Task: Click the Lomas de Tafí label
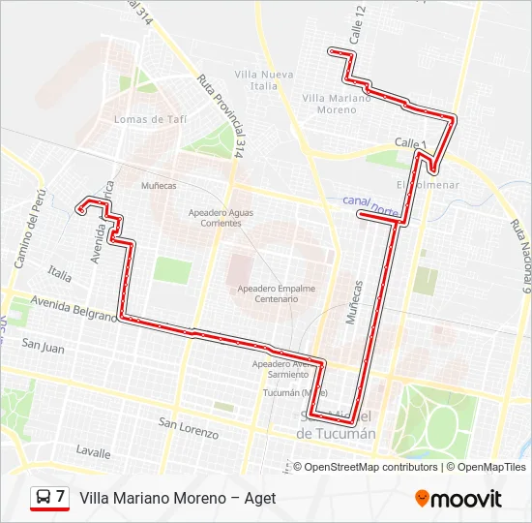pos(150,119)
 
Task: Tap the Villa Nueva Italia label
pos(263,80)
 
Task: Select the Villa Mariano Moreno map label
pos(330,104)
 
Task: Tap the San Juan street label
pos(43,345)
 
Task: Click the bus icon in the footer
pos(43,498)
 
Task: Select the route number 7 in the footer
pos(60,497)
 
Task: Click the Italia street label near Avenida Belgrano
pos(60,276)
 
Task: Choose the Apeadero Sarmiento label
pos(281,369)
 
